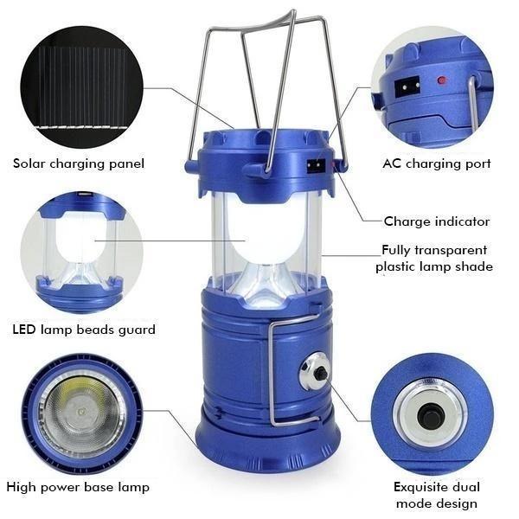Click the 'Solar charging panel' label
tap(79, 163)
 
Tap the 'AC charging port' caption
tap(437, 163)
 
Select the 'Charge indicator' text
tap(437, 221)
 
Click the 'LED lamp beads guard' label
tap(84, 330)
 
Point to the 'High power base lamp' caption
tap(78, 487)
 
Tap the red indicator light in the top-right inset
tap(441, 81)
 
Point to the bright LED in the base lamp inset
tap(81, 410)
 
